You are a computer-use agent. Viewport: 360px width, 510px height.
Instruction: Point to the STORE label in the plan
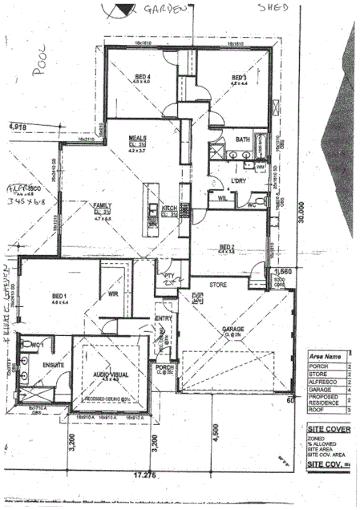[x=218, y=285]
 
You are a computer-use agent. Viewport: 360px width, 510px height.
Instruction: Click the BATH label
[x=242, y=140]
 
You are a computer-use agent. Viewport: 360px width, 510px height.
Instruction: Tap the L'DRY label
[x=237, y=181]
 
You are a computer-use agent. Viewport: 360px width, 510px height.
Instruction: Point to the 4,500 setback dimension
[x=215, y=439]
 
